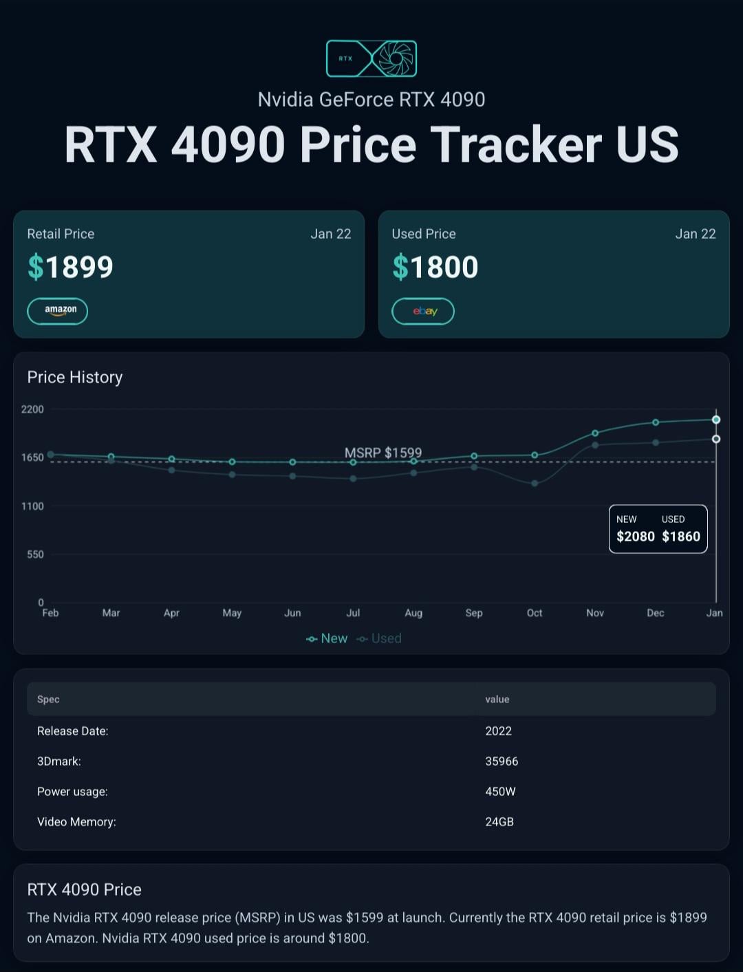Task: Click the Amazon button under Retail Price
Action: pyautogui.click(x=58, y=311)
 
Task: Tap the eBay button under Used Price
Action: pyautogui.click(x=423, y=311)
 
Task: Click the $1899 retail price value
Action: pyautogui.click(x=70, y=267)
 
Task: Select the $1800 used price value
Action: pyautogui.click(x=435, y=267)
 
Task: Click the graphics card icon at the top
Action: pyautogui.click(x=371, y=58)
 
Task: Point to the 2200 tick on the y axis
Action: pyautogui.click(x=32, y=409)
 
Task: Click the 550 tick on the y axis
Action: pyautogui.click(x=35, y=554)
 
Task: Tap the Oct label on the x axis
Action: pyautogui.click(x=535, y=613)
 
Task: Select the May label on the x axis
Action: pyautogui.click(x=232, y=613)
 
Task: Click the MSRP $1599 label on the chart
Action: pyautogui.click(x=383, y=453)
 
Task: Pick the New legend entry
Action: pyautogui.click(x=327, y=638)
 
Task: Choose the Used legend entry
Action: pyautogui.click(x=379, y=638)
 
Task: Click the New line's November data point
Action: pyautogui.click(x=595, y=433)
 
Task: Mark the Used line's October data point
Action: pyautogui.click(x=535, y=483)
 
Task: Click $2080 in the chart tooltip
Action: pyautogui.click(x=636, y=537)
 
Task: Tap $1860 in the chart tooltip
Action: pyautogui.click(x=681, y=537)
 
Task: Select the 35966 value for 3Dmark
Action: pyautogui.click(x=502, y=762)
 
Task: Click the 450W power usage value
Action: pyautogui.click(x=500, y=791)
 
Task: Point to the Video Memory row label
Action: pyautogui.click(x=76, y=822)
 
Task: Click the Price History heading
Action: pyautogui.click(x=75, y=377)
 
